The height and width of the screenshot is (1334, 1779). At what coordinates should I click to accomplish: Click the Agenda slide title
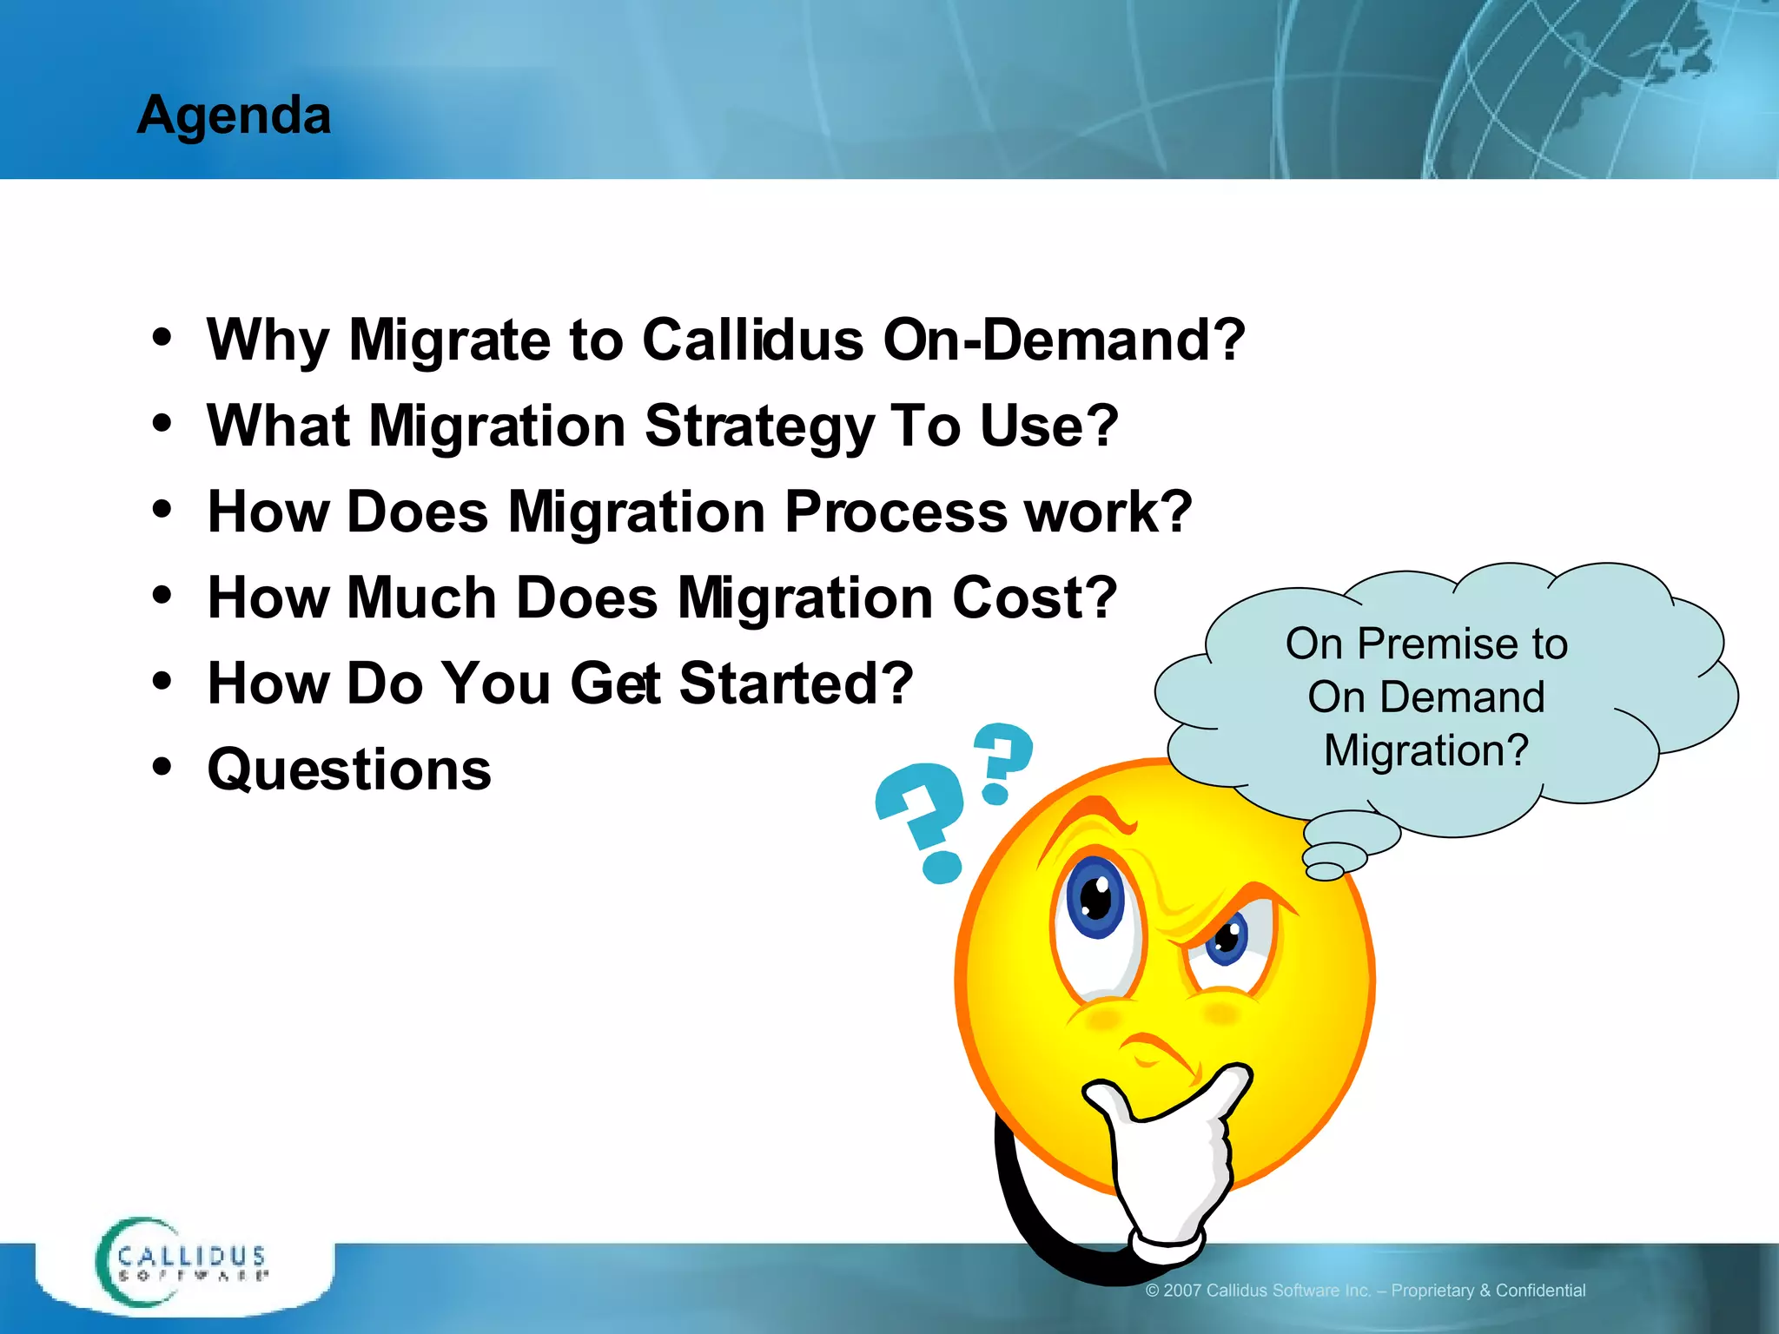click(x=234, y=115)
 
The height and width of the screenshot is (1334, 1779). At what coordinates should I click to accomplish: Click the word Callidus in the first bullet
click(x=752, y=340)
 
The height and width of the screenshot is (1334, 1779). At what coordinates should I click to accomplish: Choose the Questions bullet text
click(x=349, y=769)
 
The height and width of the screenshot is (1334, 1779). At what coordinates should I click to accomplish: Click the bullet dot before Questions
click(x=162, y=766)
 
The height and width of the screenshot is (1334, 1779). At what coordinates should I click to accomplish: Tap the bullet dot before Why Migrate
click(x=162, y=337)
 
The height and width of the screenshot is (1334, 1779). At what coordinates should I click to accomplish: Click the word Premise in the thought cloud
click(x=1441, y=644)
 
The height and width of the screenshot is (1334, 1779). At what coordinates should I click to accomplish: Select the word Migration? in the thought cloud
click(x=1425, y=750)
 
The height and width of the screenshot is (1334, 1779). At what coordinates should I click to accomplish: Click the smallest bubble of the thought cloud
click(x=1325, y=871)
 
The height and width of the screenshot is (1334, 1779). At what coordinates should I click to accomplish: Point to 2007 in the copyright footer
click(x=1182, y=1291)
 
